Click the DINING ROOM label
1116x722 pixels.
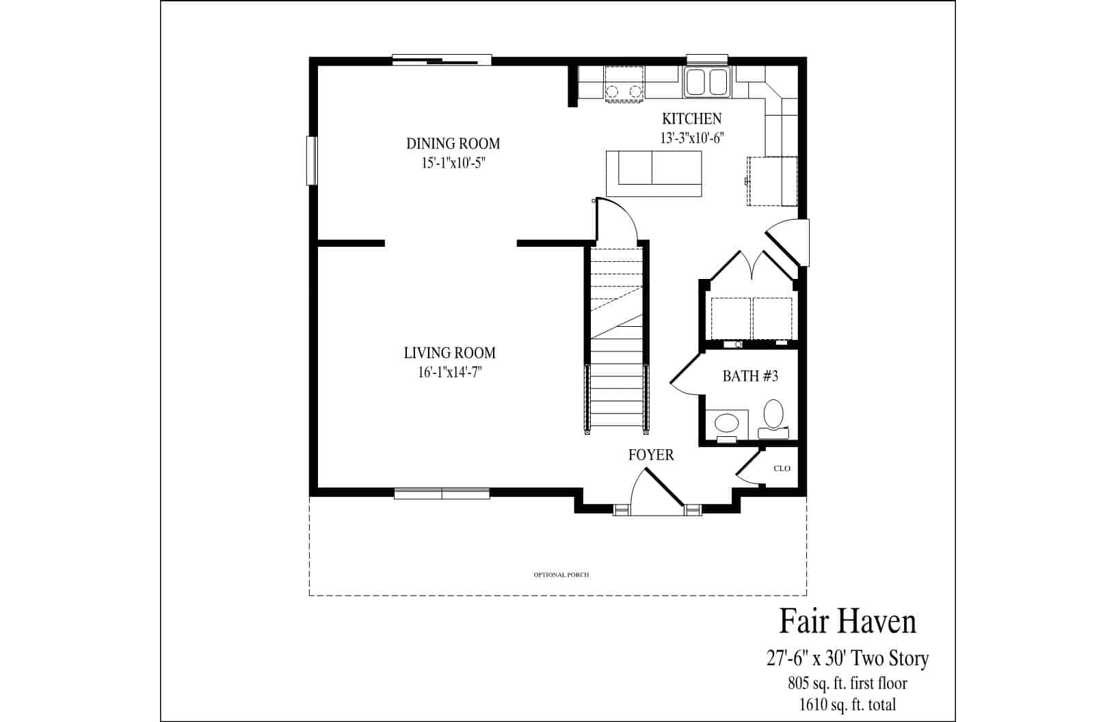pos(453,144)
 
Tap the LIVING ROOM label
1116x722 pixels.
pos(449,353)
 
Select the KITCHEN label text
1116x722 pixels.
pos(691,118)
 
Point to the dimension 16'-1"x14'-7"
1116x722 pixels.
pos(449,373)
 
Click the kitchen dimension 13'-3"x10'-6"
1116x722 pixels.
pos(691,137)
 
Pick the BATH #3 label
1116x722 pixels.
pos(750,376)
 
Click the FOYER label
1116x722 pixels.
pos(651,455)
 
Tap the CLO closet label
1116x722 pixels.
pos(782,468)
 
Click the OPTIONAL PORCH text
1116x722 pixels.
pos(561,575)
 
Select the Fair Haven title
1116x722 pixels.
pos(847,621)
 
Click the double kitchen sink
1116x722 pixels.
pos(707,82)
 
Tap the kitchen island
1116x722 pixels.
pos(654,174)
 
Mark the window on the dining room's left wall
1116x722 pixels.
pos(311,161)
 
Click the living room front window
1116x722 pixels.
pos(442,493)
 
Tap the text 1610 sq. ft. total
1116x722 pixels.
pos(847,704)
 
